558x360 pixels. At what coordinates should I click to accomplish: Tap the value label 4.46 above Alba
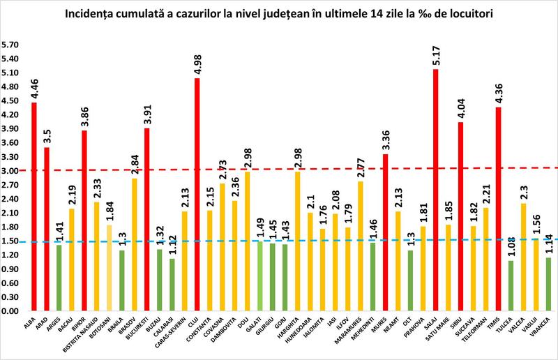(34, 89)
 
